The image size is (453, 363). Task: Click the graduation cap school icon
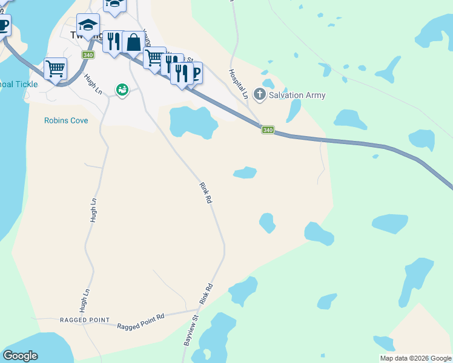coord(88,25)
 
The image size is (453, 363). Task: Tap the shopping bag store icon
coord(133,42)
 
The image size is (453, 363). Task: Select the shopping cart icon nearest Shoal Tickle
coord(55,68)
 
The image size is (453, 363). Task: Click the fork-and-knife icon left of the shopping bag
coord(113,42)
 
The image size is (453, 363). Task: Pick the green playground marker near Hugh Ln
coord(122,90)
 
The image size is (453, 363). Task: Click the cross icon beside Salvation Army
coord(260,95)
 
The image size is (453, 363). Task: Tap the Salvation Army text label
coord(297,95)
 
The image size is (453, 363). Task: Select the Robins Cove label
coord(66,120)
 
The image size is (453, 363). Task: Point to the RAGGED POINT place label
coord(85,319)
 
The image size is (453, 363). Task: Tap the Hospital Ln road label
coord(239,83)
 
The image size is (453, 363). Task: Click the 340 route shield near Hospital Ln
coord(268,129)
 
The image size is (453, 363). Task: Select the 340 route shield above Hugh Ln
coord(88,55)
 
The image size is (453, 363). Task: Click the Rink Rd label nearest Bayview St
coord(207,294)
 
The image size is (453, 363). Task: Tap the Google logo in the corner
coord(20,356)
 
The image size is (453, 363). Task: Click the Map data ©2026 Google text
coord(415,358)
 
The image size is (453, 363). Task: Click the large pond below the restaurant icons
coord(193,122)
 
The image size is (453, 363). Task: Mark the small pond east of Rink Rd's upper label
coord(245,172)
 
